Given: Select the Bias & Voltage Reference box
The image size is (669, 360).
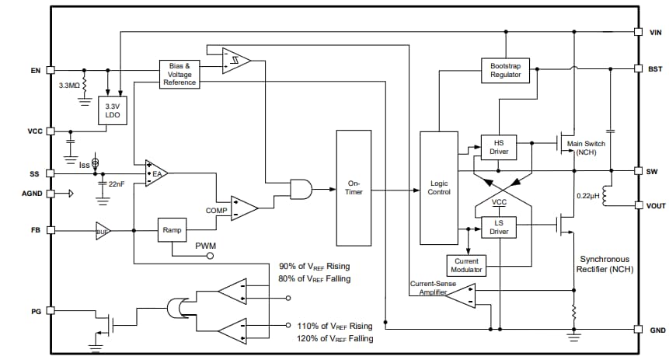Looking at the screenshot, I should (179, 74).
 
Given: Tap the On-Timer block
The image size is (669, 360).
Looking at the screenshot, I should (354, 187).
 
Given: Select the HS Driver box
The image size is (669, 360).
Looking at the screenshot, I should (498, 147).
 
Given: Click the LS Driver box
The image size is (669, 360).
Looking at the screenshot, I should (498, 227).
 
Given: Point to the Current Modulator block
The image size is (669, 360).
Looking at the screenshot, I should (465, 265).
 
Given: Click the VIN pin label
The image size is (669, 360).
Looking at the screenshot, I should (656, 33).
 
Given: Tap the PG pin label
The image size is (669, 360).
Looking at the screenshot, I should (35, 311).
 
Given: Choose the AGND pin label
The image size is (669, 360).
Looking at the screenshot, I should (30, 193).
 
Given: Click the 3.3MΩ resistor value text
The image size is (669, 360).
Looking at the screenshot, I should (69, 84).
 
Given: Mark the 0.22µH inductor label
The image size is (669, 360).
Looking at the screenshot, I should (587, 195).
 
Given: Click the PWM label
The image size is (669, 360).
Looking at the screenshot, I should (206, 247).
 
